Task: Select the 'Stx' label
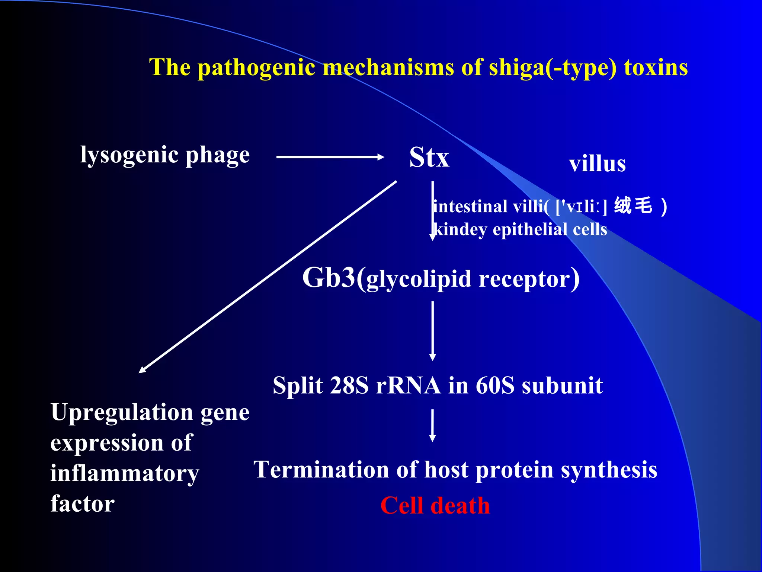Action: tap(429, 158)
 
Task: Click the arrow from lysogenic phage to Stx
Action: tap(330, 157)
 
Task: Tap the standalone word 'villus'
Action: tap(597, 163)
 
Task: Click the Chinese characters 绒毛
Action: tap(633, 205)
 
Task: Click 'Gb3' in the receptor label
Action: tap(329, 278)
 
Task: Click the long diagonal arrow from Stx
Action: tap(268, 276)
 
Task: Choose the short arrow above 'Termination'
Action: tap(432, 425)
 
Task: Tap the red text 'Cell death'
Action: tap(435, 506)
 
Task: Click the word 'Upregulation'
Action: tap(122, 413)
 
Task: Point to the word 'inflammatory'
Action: tap(125, 474)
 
